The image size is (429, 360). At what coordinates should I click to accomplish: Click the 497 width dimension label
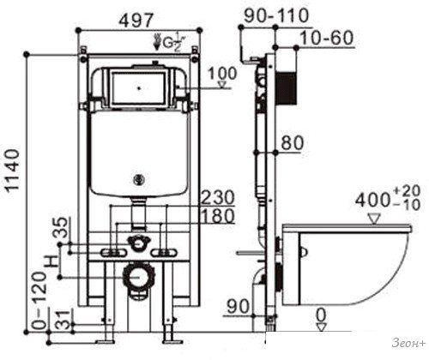pyautogui.click(x=136, y=21)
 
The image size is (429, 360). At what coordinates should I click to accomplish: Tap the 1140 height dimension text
pyautogui.click(x=13, y=170)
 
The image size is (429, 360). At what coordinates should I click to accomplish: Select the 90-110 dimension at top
pyautogui.click(x=276, y=15)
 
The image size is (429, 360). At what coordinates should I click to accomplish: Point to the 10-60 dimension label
pyautogui.click(x=327, y=38)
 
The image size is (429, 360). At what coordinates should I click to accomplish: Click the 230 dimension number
pyautogui.click(x=218, y=197)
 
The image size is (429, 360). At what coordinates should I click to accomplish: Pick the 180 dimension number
pyautogui.click(x=218, y=216)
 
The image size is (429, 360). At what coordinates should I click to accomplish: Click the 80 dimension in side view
pyautogui.click(x=292, y=143)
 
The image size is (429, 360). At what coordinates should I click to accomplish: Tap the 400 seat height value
pyautogui.click(x=372, y=201)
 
